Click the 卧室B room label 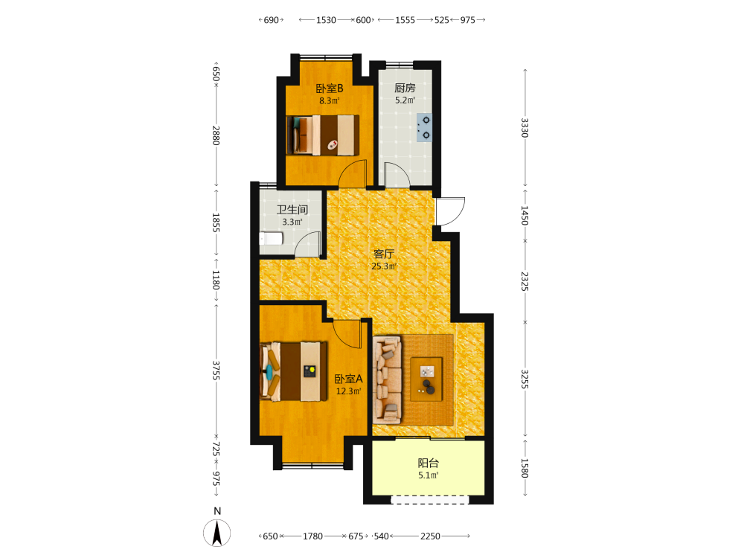[x=330, y=89]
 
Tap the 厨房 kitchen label [x=405, y=88]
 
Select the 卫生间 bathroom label [x=292, y=210]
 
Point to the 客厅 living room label [x=384, y=254]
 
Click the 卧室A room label [x=348, y=379]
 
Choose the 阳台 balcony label [x=428, y=463]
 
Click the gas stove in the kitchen [x=424, y=128]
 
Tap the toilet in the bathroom [x=271, y=238]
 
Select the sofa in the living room [x=387, y=379]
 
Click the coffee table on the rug [x=426, y=379]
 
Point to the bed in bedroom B [x=323, y=135]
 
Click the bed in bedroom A [x=294, y=371]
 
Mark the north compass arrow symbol [x=217, y=533]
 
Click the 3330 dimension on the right [x=525, y=128]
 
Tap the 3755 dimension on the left [x=216, y=371]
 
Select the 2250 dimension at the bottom [x=430, y=536]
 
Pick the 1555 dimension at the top [x=405, y=20]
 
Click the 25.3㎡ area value [x=384, y=266]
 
